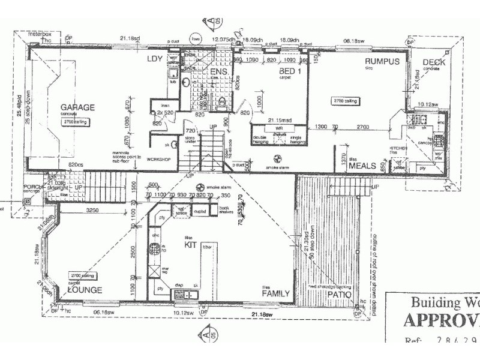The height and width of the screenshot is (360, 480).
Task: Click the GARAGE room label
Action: point(77,108)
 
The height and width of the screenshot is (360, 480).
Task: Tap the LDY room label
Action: point(155,59)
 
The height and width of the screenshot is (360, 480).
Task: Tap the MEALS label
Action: point(362,166)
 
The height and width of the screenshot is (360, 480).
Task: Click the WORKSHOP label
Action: point(158,160)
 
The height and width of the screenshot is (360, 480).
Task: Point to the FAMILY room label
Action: point(276,293)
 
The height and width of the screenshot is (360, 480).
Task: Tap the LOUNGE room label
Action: point(85,290)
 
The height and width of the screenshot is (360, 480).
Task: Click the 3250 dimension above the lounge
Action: point(93,211)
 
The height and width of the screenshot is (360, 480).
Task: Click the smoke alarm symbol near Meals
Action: point(277,159)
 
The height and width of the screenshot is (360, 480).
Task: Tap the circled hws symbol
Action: point(195,40)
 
